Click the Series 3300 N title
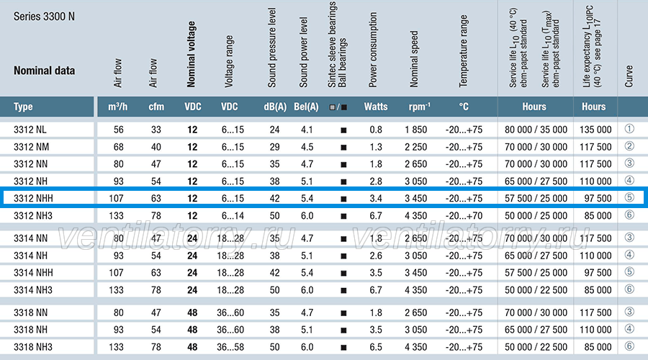pyautogui.click(x=44, y=17)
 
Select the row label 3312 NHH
pyautogui.click(x=33, y=199)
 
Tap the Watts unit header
pyautogui.click(x=376, y=107)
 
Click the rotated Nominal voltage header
pyautogui.click(x=191, y=54)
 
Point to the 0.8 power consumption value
pyautogui.click(x=376, y=130)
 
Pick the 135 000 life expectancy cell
pyautogui.click(x=595, y=130)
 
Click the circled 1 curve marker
pyautogui.click(x=629, y=129)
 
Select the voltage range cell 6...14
pyautogui.click(x=233, y=216)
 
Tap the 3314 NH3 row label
pyautogui.click(x=33, y=290)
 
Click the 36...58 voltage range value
pyautogui.click(x=230, y=347)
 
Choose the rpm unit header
pyautogui.click(x=419, y=107)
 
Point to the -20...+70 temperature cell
pyautogui.click(x=464, y=216)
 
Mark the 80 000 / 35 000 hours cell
pyautogui.click(x=536, y=130)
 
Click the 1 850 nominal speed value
pyautogui.click(x=415, y=130)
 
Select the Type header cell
pyautogui.click(x=23, y=107)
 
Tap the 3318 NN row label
pyautogui.click(x=30, y=313)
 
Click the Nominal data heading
pyautogui.click(x=44, y=71)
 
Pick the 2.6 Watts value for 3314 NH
pyautogui.click(x=376, y=256)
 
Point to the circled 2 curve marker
pyautogui.click(x=629, y=146)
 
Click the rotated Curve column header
pyautogui.click(x=629, y=76)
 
